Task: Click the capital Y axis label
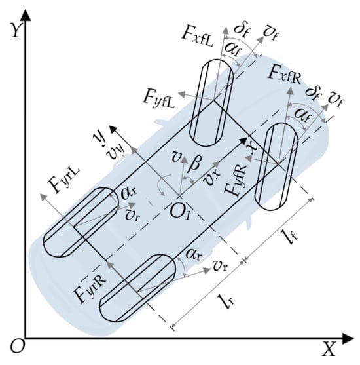tap(15, 30)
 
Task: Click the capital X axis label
tap(328, 349)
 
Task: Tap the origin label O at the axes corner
tap(17, 347)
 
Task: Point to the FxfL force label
tap(197, 37)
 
